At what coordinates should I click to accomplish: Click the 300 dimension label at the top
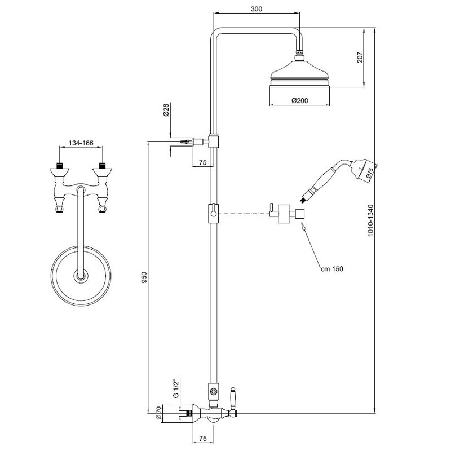tap(257, 9)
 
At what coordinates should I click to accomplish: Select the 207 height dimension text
tap(360, 58)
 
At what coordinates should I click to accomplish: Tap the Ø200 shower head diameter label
tap(299, 100)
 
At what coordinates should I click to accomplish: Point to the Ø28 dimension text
tap(166, 110)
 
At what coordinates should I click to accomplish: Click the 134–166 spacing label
tap(81, 143)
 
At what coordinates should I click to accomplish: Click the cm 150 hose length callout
tap(332, 269)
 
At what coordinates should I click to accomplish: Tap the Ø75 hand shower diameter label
tap(369, 174)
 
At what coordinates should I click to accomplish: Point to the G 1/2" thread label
tap(176, 388)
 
